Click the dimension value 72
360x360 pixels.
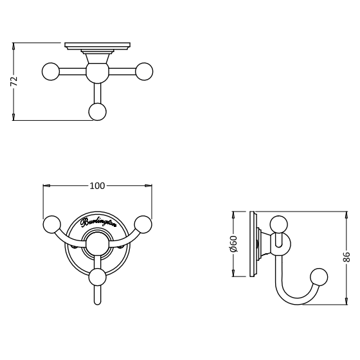[x=14, y=81]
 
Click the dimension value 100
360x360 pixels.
[x=97, y=186]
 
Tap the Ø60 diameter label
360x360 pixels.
[x=234, y=244]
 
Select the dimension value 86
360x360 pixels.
[x=346, y=257]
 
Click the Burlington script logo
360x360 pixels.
[x=98, y=222]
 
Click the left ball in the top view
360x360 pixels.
[x=51, y=71]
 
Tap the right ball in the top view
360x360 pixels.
[x=144, y=71]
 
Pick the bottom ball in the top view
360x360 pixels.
[x=98, y=112]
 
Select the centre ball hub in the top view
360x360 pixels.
[x=97, y=73]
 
